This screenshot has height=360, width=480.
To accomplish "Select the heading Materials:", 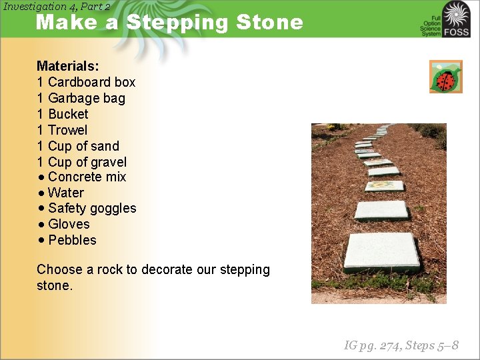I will coord(67,66).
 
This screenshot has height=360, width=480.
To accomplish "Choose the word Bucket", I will coord(68,114).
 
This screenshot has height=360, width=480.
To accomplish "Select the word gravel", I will coord(109,162).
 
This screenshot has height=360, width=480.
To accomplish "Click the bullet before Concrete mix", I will coord(41,177).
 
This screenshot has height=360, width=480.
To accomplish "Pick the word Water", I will coord(66,193).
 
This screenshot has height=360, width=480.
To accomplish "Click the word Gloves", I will coord(69,225).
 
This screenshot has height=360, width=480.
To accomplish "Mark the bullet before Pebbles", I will coord(41,240).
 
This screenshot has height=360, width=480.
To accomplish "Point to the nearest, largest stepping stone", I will coord(381,251).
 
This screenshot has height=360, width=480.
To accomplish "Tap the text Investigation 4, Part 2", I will coord(57,7).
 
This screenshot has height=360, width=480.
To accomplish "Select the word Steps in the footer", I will coord(423,345).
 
